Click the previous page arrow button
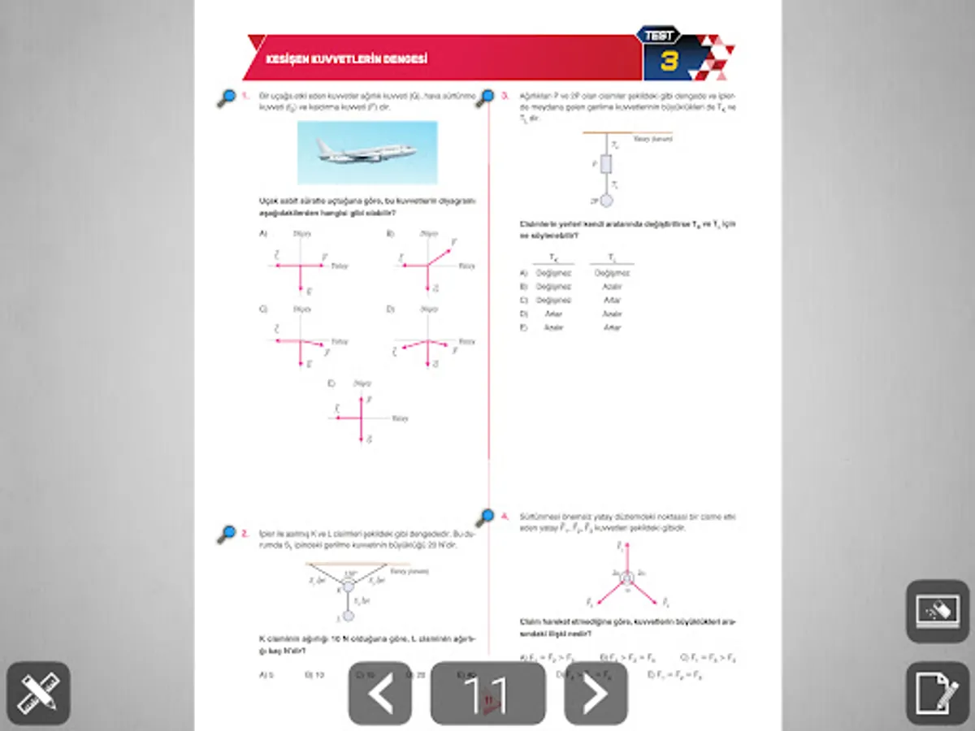tap(379, 694)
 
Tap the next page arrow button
tap(596, 694)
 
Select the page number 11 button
tap(487, 694)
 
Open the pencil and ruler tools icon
tap(38, 694)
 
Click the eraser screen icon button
tap(937, 611)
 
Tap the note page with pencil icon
tap(937, 694)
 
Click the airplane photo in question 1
tap(367, 152)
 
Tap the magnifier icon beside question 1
tap(227, 98)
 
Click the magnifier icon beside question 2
tap(227, 534)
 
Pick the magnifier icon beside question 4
tap(486, 517)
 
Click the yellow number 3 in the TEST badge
tap(669, 62)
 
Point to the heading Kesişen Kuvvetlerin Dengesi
tap(348, 60)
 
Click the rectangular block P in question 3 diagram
tap(604, 163)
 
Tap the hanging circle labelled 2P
tap(604, 200)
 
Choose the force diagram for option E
tap(360, 416)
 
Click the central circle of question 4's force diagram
tap(626, 578)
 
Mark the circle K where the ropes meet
tap(349, 585)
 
